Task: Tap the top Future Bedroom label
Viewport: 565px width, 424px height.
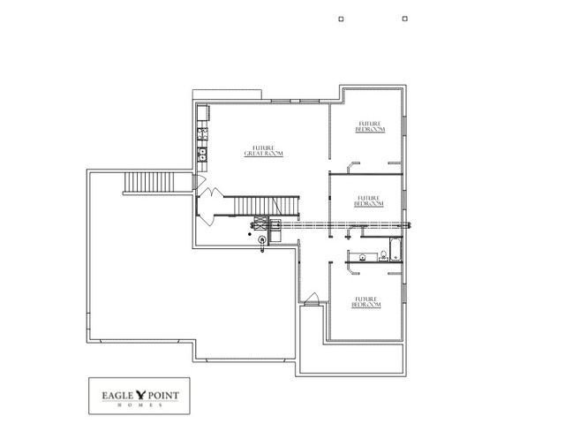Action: click(369, 125)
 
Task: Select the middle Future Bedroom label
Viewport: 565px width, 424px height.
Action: click(368, 201)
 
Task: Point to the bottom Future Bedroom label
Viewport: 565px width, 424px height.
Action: click(367, 301)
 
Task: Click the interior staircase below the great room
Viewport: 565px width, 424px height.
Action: click(264, 206)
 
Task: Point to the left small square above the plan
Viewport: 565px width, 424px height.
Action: click(341, 17)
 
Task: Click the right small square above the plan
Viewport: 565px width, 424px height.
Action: click(404, 17)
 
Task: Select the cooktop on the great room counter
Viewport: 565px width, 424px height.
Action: click(202, 135)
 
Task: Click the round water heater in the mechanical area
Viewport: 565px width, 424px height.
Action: click(262, 237)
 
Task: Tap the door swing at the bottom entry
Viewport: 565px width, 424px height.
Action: click(310, 299)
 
